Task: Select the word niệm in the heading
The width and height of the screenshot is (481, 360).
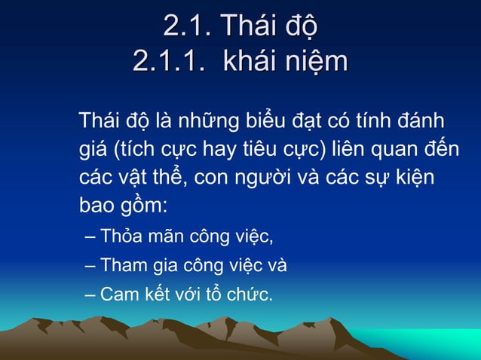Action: click(316, 61)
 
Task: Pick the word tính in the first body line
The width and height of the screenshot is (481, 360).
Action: click(371, 121)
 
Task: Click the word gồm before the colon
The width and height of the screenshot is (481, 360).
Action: click(139, 206)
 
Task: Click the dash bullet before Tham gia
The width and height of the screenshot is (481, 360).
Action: click(90, 266)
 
